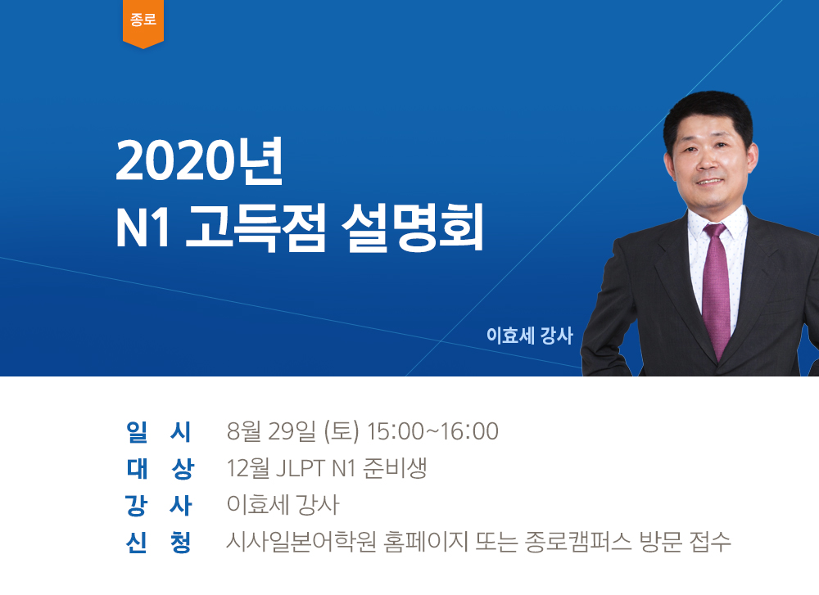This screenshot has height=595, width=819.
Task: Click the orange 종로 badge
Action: [143, 23]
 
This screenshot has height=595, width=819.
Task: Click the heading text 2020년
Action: [200, 162]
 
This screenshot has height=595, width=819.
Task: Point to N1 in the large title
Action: [143, 229]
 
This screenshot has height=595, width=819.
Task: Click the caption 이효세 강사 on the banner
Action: [530, 335]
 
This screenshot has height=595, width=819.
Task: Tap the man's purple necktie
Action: [716, 291]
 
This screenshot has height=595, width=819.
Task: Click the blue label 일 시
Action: [159, 431]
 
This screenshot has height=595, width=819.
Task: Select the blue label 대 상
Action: [160, 469]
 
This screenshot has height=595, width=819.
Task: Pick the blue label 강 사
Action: [159, 505]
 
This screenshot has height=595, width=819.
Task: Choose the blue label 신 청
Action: [159, 543]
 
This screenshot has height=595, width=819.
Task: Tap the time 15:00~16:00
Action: [432, 431]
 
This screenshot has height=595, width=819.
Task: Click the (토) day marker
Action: [342, 431]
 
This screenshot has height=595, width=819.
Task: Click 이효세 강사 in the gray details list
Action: [283, 505]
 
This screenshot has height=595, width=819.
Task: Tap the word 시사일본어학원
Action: [301, 543]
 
